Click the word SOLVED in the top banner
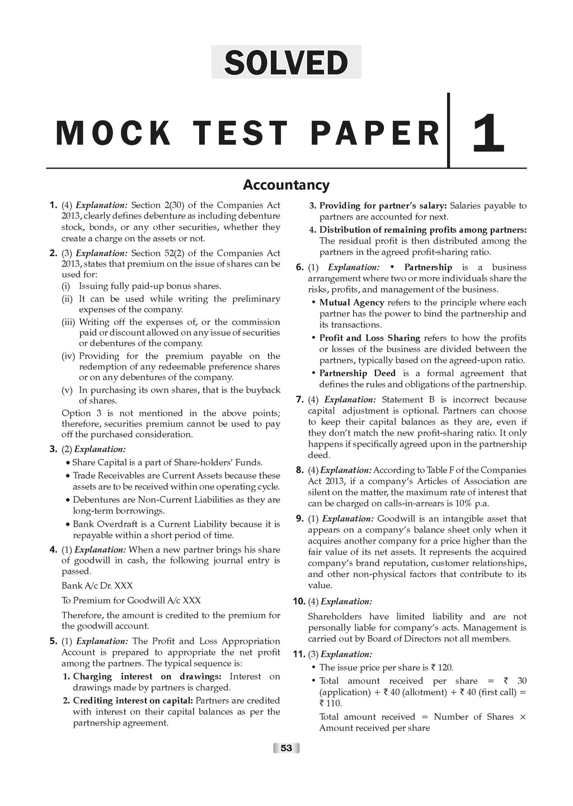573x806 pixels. tap(286, 62)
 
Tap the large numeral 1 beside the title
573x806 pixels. tap(488, 133)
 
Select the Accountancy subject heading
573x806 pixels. tap(286, 185)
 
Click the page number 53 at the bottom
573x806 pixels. tap(286, 748)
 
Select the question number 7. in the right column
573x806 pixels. tap(299, 400)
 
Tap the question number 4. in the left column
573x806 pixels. tap(54, 550)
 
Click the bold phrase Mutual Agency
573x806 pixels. tap(351, 303)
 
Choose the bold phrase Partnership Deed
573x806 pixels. tap(357, 373)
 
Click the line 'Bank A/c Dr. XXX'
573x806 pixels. tap(97, 585)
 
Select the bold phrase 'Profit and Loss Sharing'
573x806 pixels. tap(369, 338)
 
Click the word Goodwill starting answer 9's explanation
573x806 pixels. tap(396, 519)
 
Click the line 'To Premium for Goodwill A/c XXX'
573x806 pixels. tap(131, 601)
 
